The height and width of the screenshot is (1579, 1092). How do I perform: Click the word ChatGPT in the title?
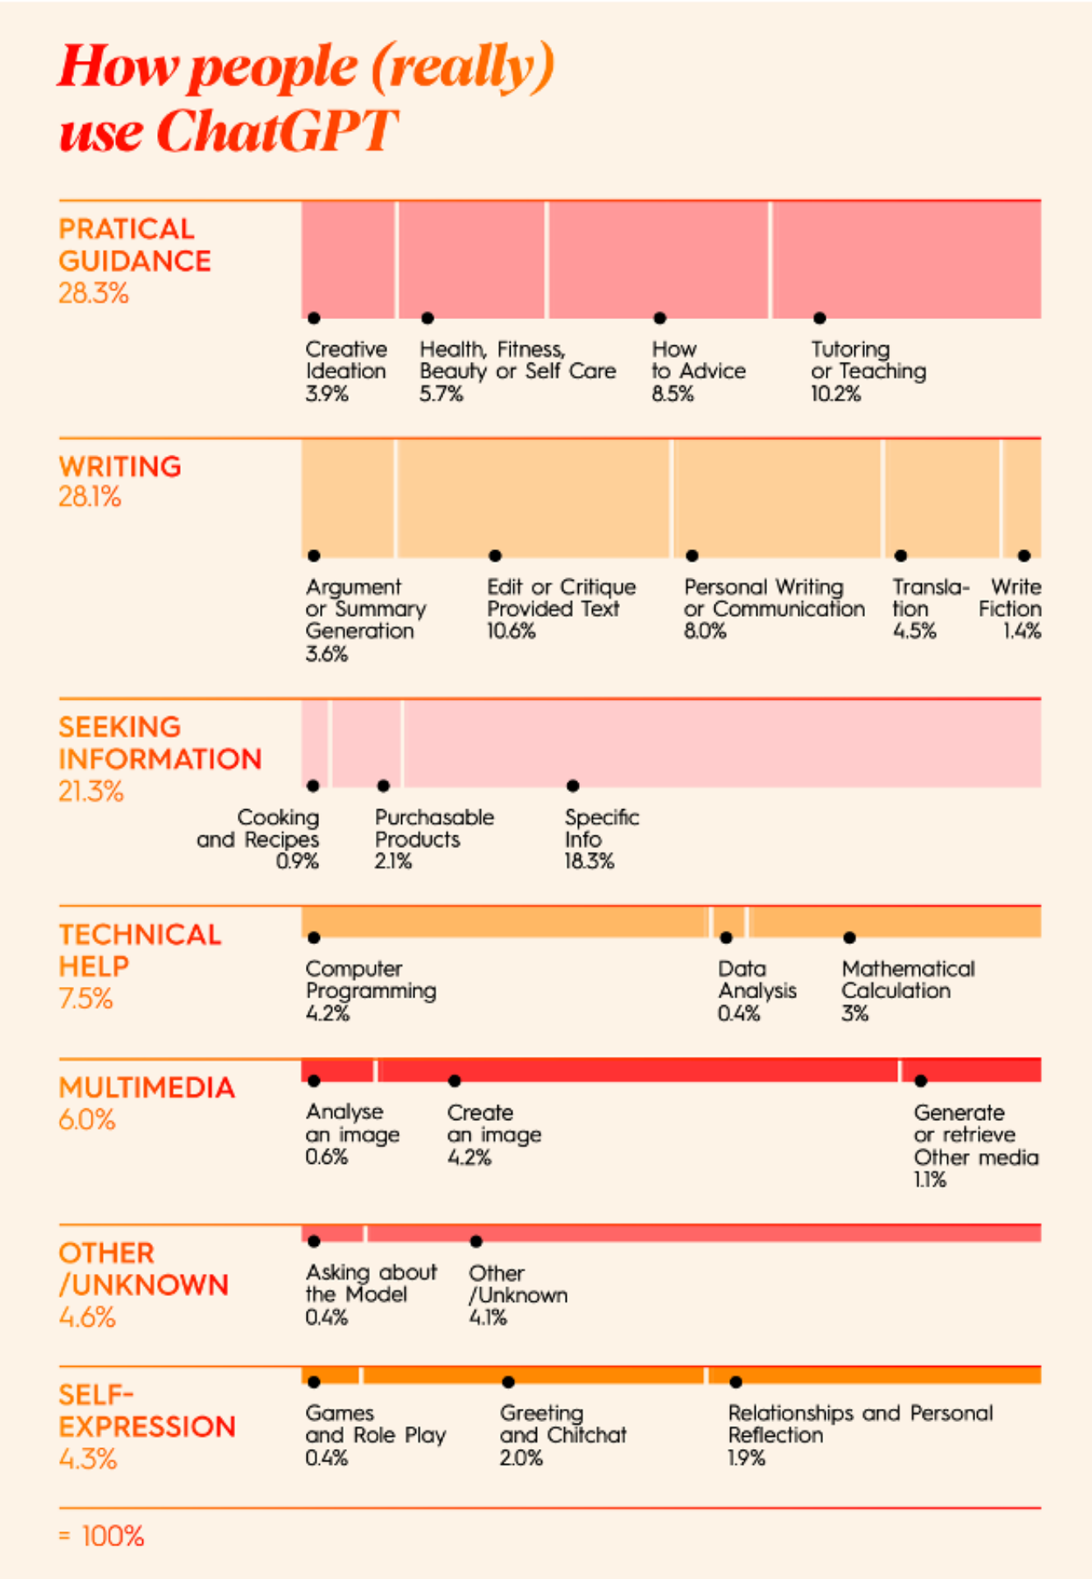pyautogui.click(x=277, y=131)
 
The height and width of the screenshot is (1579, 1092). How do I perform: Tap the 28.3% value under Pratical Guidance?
pyautogui.click(x=94, y=293)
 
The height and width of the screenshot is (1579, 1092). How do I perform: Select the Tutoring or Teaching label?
pyautogui.click(x=868, y=360)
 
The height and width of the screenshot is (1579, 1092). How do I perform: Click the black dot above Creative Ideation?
pyautogui.click(x=313, y=317)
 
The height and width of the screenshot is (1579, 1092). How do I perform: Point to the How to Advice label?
pyautogui.click(x=699, y=360)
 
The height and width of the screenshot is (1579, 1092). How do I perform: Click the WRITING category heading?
pyautogui.click(x=120, y=466)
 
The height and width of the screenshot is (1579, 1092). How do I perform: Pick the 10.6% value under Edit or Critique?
pyautogui.click(x=511, y=631)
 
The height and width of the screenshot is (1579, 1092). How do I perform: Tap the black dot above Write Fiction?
pyautogui.click(x=1024, y=556)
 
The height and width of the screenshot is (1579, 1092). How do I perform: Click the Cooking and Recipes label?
pyautogui.click(x=257, y=828)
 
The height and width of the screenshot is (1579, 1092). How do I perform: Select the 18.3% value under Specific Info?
pyautogui.click(x=589, y=861)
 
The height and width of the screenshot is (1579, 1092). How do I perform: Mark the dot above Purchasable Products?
pyautogui.click(x=383, y=786)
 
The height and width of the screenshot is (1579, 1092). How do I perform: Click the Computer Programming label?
pyautogui.click(x=371, y=979)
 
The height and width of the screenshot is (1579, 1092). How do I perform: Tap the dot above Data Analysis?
pyautogui.click(x=726, y=938)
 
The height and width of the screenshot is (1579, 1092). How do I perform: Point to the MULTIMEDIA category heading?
pyautogui.click(x=146, y=1087)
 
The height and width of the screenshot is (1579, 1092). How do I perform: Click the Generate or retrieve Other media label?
pyautogui.click(x=976, y=1135)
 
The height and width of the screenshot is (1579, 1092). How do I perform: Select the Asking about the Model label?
pyautogui.click(x=371, y=1283)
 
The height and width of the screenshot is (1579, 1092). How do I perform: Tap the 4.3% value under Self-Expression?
pyautogui.click(x=88, y=1458)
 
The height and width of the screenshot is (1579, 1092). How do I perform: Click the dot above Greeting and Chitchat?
pyautogui.click(x=508, y=1382)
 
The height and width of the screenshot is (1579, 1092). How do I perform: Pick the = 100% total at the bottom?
pyautogui.click(x=101, y=1535)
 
